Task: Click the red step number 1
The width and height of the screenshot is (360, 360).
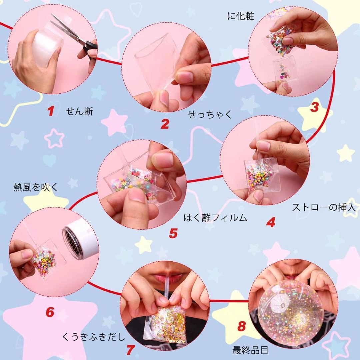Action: pos(51,111)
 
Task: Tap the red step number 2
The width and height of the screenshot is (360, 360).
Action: pos(165,124)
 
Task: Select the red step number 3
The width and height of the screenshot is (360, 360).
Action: pos(315,107)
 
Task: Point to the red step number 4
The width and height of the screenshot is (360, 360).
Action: pos(271,222)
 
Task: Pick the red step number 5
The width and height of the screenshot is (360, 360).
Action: pos(173,233)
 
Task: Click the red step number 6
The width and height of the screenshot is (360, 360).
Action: pos(50,312)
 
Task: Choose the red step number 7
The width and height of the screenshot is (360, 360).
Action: pos(130,350)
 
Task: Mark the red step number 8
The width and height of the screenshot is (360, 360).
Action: pos(242,326)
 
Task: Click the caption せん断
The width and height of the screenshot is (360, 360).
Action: pos(79,112)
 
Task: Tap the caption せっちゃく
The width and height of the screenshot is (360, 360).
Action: pos(210,114)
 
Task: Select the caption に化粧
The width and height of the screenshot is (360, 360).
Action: pos(241,16)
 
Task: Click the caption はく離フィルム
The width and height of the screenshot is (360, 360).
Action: pos(215,218)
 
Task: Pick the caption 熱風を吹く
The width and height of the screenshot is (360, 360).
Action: pos(36,187)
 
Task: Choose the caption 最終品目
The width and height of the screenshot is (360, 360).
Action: pos(250,350)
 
